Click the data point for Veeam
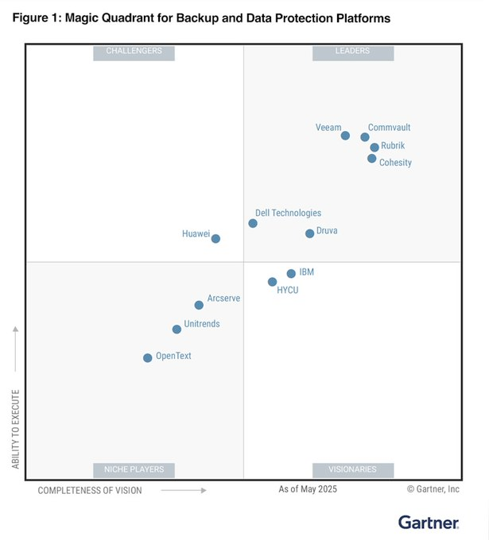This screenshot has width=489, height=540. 345,136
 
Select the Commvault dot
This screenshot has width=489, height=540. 365,137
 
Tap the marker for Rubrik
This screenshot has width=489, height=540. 375,147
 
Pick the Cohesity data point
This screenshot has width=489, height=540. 371,159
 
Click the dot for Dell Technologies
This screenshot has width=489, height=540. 253,223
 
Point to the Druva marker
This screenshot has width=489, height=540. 309,233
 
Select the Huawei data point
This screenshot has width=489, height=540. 215,238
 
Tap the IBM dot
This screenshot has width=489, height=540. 291,274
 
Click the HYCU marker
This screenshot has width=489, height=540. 272,282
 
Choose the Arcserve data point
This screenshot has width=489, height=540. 199,305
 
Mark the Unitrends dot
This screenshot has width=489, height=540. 177,329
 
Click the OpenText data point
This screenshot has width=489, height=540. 147,358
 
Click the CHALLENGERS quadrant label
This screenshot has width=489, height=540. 134,52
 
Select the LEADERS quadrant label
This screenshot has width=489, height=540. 352,52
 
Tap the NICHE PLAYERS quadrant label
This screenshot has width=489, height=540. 134,469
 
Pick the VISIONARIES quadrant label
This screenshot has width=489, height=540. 352,469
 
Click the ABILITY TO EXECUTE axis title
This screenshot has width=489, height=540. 16,429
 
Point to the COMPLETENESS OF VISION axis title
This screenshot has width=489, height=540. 90,491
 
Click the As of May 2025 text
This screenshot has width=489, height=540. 308,489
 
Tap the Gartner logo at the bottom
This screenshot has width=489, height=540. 429,523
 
